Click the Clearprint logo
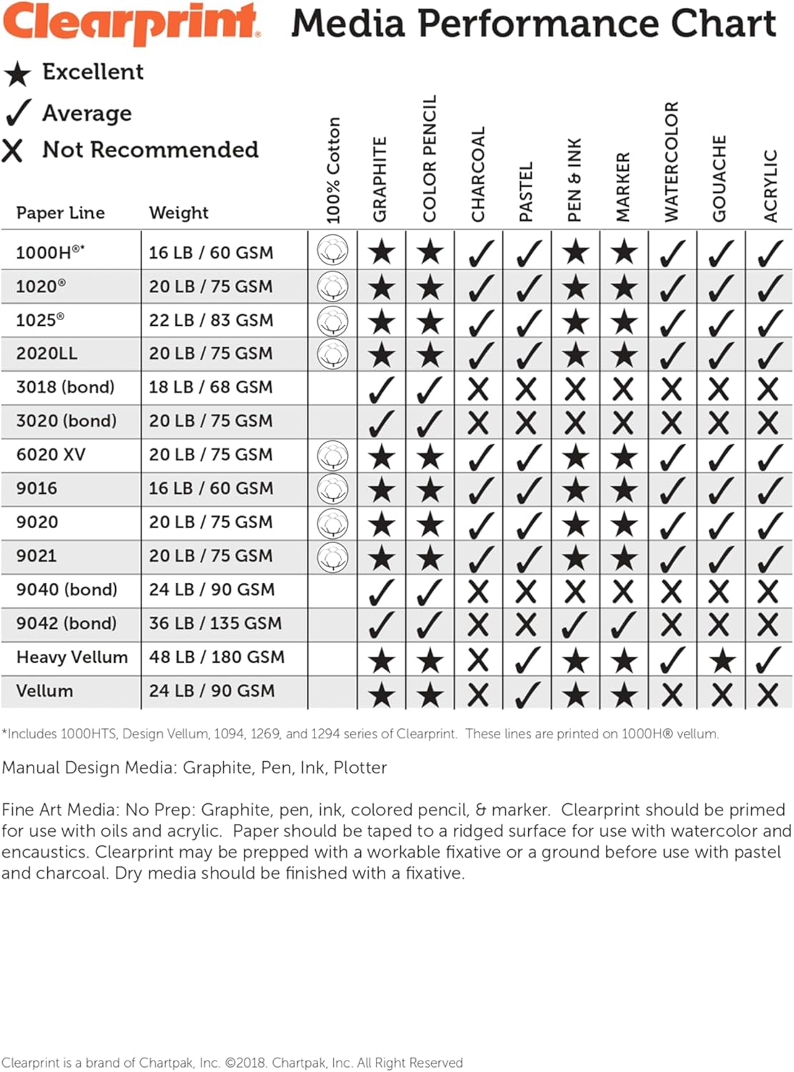point(131,22)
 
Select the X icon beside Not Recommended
point(13,150)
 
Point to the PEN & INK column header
point(575,179)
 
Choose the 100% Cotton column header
point(333,170)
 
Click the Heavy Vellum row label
point(71,657)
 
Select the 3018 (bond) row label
point(65,387)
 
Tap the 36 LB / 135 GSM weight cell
point(215,623)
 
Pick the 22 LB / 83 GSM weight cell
point(211,319)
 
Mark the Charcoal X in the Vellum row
point(478,694)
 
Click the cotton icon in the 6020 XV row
point(333,455)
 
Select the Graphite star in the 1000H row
point(382,252)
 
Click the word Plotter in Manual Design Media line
point(360,768)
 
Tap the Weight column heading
point(179,212)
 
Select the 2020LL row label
point(46,353)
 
